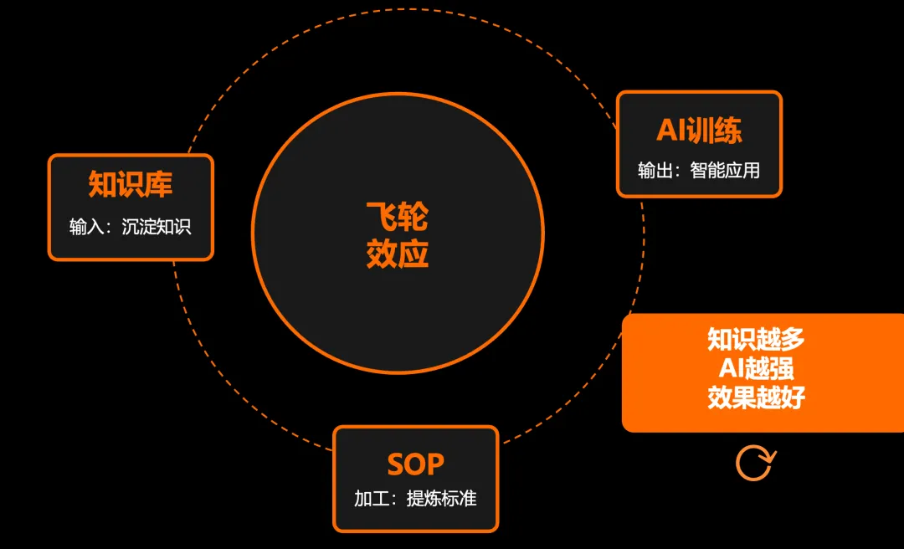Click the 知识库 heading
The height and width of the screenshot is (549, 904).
click(x=131, y=184)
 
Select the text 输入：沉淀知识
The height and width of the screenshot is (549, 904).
click(x=131, y=227)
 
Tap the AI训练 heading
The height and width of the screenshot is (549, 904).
click(x=699, y=131)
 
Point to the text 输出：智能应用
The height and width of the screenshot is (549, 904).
click(x=699, y=171)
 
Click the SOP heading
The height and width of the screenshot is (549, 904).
click(x=415, y=464)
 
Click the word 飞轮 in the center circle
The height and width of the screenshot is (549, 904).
click(x=397, y=218)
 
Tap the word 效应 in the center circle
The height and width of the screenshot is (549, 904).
click(x=397, y=254)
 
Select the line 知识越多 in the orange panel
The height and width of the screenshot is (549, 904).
click(x=756, y=339)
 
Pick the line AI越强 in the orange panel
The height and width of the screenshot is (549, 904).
click(x=756, y=368)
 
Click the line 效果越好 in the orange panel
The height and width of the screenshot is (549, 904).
click(x=756, y=398)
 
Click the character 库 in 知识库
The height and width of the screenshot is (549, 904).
click(x=158, y=184)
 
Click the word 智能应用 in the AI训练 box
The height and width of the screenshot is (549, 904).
click(x=725, y=171)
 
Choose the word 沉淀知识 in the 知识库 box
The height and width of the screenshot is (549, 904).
click(x=157, y=227)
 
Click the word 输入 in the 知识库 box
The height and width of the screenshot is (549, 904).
click(x=85, y=227)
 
